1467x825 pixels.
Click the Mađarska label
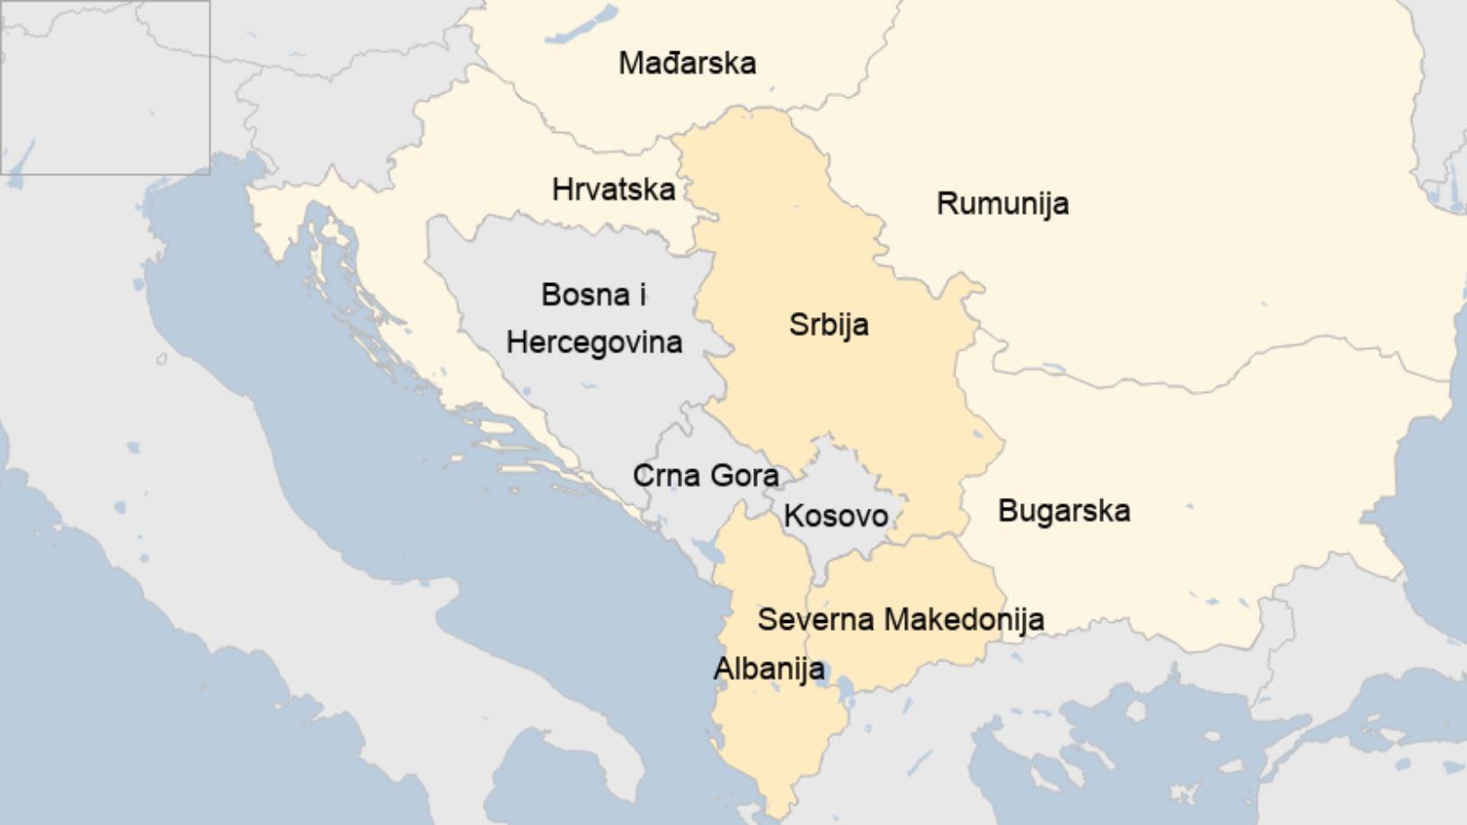[687, 63]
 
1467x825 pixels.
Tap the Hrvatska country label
[613, 190]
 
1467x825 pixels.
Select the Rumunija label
[1002, 203]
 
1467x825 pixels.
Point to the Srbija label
[829, 324]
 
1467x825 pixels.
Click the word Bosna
[584, 295]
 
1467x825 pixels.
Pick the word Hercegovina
[594, 342]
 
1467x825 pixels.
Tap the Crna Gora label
[706, 475]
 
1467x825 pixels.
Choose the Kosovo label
[836, 516]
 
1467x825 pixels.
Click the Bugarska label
[1063, 511]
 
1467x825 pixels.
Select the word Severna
[816, 619]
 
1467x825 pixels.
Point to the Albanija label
[769, 669]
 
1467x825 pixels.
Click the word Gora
[743, 475]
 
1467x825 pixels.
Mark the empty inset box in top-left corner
[105, 87]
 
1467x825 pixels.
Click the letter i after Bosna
[642, 295]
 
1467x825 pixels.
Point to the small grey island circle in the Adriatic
[162, 359]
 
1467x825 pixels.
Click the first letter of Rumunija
[946, 203]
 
